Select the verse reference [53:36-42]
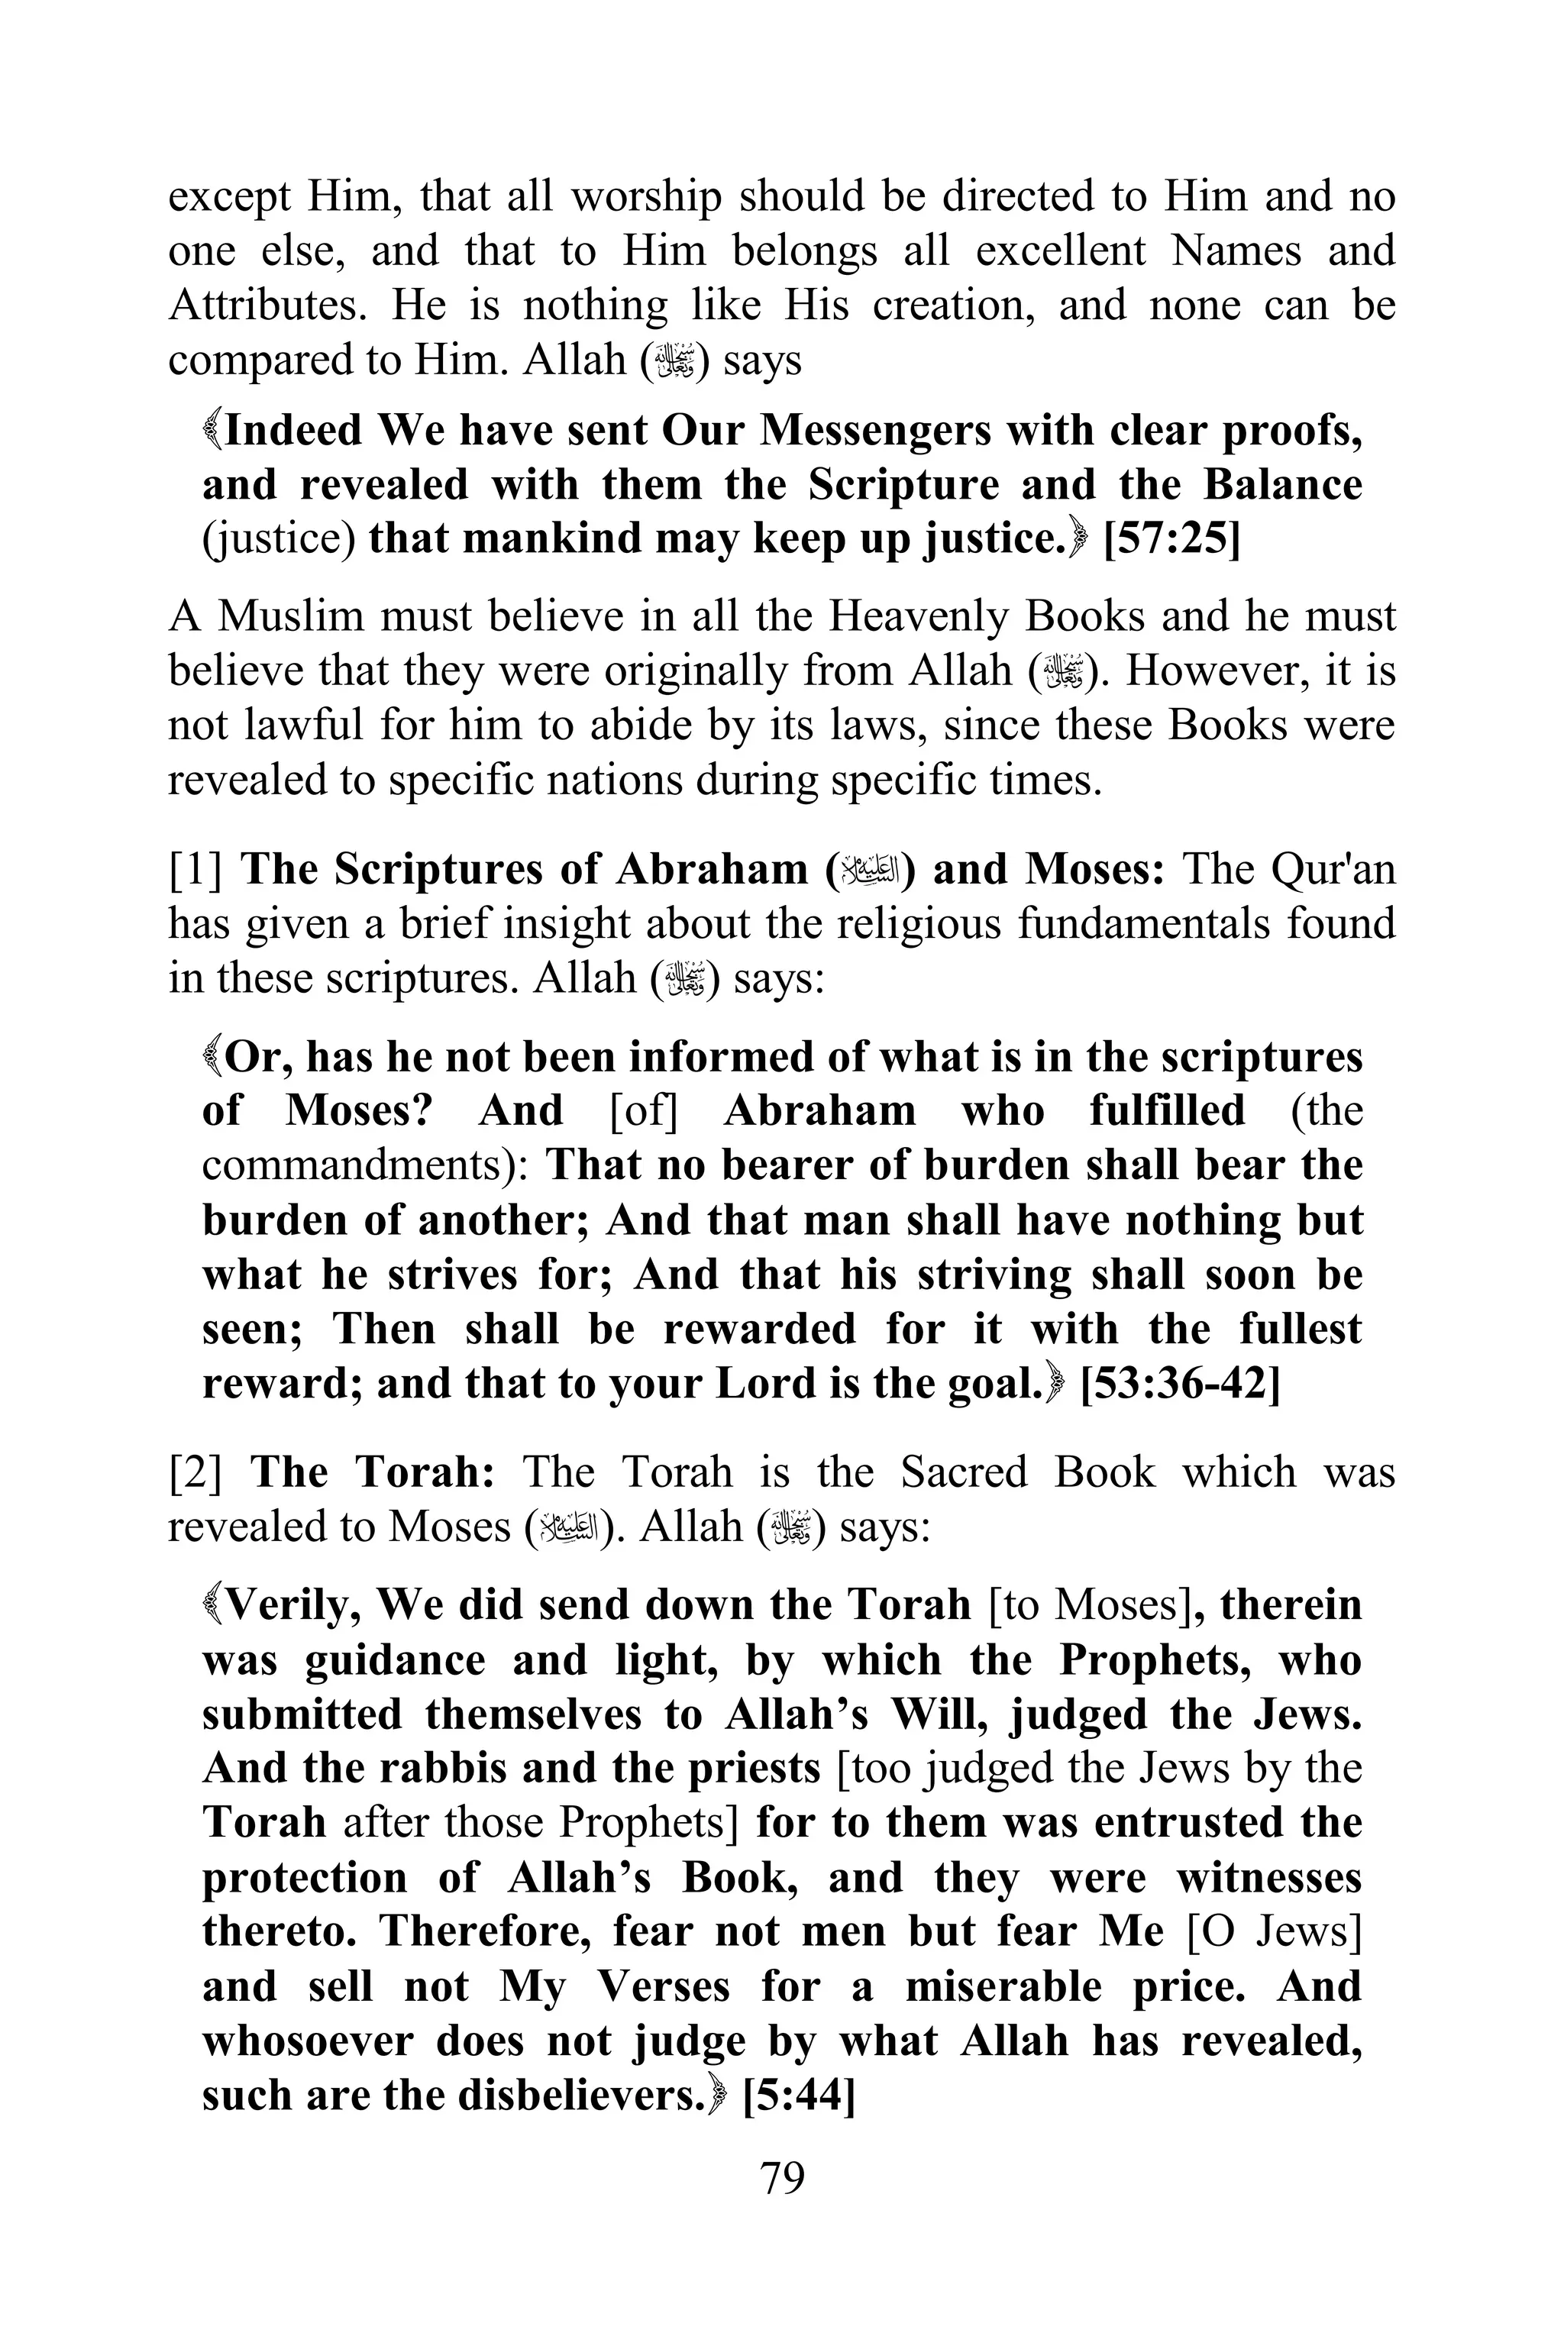click(x=1179, y=1384)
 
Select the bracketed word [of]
click(x=643, y=1111)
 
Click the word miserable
click(x=1003, y=1986)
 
